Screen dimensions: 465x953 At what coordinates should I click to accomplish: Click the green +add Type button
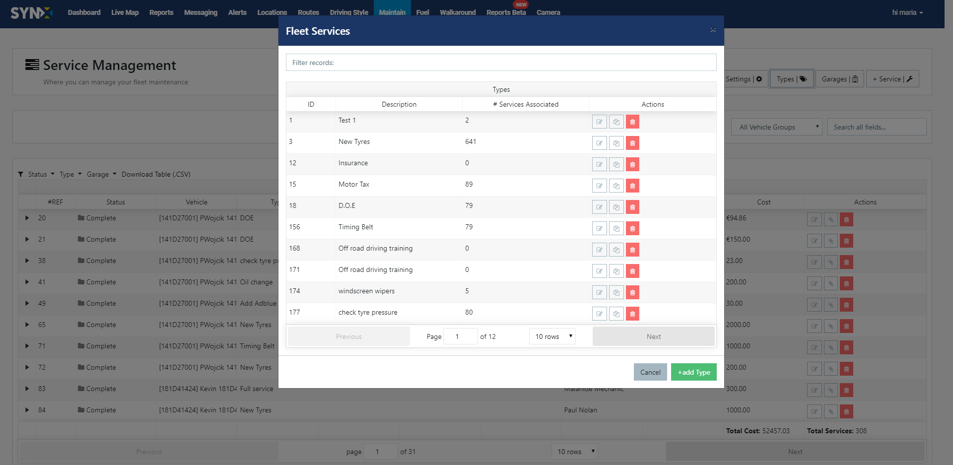(x=693, y=372)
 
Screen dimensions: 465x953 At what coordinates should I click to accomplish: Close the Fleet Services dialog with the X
(x=713, y=30)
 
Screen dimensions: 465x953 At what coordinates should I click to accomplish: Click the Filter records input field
(x=501, y=63)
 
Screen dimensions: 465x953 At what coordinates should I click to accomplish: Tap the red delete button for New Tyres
(x=632, y=143)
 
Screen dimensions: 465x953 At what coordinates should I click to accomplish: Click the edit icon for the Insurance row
(x=599, y=165)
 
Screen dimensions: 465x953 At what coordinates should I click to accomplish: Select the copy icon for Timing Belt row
(x=616, y=229)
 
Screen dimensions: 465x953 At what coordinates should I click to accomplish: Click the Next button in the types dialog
(x=653, y=336)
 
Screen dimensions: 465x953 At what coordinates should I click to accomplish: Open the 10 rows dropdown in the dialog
(x=552, y=336)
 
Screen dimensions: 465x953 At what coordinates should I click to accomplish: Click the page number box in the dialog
(x=460, y=336)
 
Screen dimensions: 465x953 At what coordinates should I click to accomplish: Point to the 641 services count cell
(x=471, y=142)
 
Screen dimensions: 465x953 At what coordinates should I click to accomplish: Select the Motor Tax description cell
(x=354, y=185)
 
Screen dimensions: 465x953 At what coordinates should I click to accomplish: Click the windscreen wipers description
(x=366, y=291)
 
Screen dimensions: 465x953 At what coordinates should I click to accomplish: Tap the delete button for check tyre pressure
(x=632, y=314)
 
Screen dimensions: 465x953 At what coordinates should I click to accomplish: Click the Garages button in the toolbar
(x=839, y=79)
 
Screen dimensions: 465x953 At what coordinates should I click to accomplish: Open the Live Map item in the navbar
(x=125, y=12)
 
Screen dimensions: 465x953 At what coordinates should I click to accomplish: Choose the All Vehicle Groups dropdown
(x=776, y=127)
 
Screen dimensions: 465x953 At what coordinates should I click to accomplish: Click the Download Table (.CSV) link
(x=156, y=174)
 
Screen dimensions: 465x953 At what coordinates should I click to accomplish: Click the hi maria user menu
(x=907, y=12)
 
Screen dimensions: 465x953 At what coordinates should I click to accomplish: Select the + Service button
(x=892, y=79)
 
